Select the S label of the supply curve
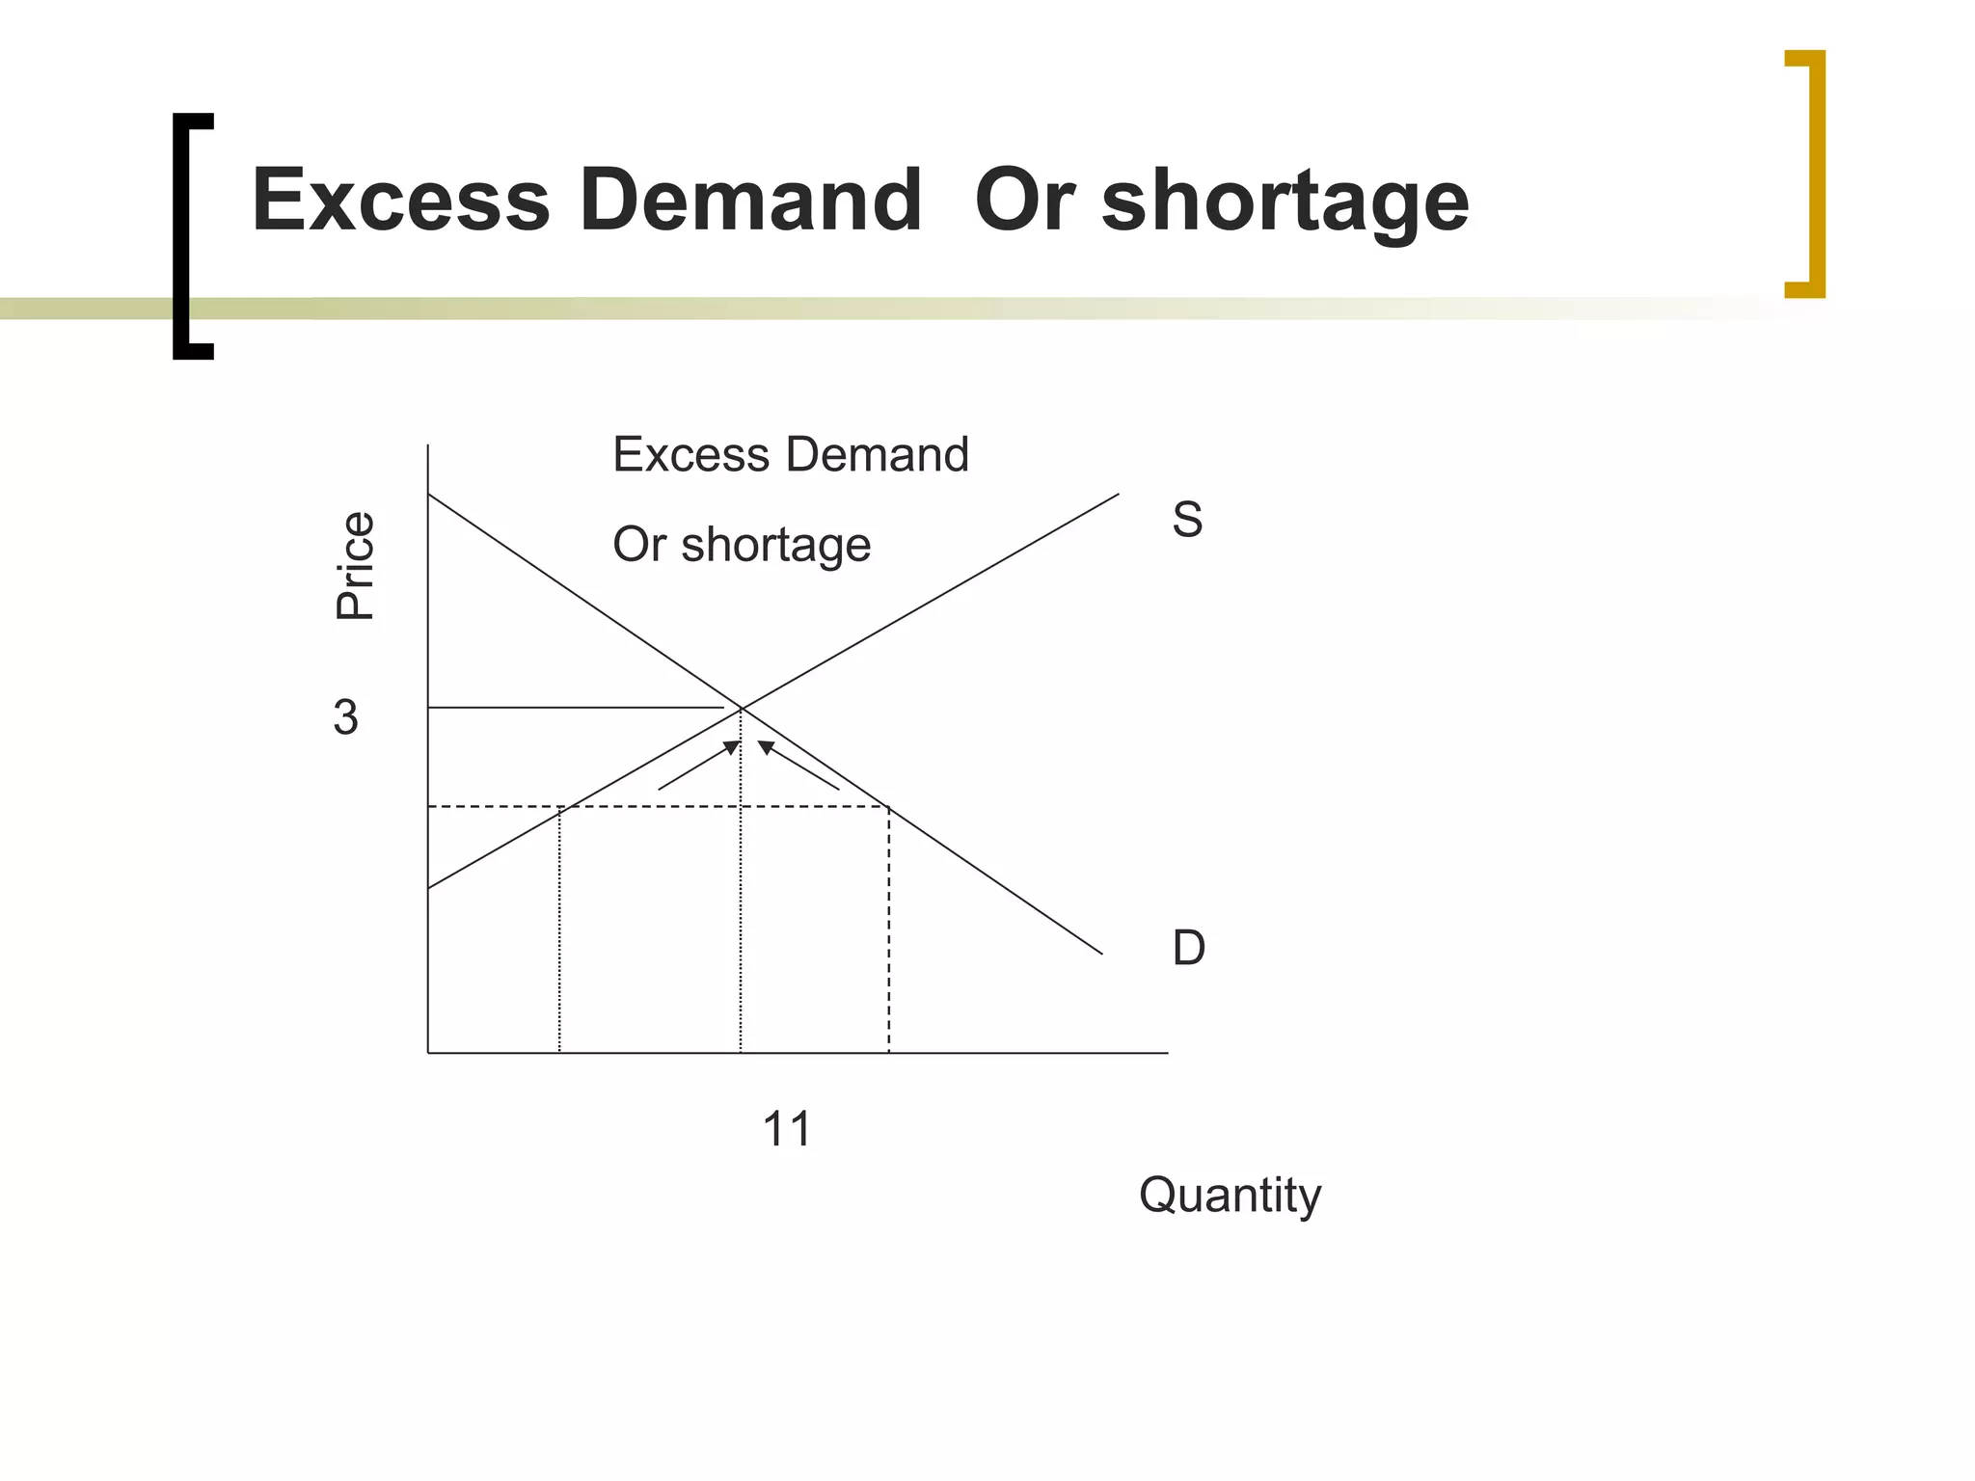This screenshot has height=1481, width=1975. coord(1187,520)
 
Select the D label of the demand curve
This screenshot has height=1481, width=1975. coord(1188,948)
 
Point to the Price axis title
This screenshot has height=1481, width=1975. coord(354,566)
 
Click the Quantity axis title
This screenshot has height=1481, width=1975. coord(1230,1196)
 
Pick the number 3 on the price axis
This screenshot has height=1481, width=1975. coord(345,717)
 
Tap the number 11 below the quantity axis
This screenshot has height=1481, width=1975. coord(786,1128)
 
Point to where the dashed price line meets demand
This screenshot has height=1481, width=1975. coord(888,806)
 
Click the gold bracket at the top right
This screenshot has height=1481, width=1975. coord(1809,174)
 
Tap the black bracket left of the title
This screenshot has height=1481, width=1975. coord(188,236)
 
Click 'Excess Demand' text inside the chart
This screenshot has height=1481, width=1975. coord(790,454)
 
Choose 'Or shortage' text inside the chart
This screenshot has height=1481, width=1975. coord(741,545)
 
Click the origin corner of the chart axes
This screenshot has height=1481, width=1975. coord(428,1053)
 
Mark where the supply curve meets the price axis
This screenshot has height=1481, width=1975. coord(428,887)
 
